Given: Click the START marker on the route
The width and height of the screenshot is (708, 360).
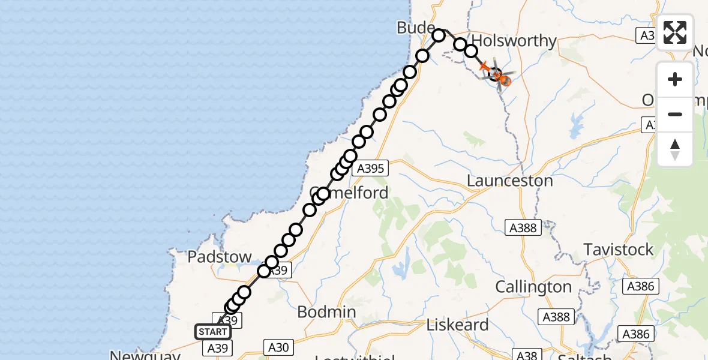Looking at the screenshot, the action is (212, 332).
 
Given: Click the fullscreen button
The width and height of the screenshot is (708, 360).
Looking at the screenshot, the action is (675, 32).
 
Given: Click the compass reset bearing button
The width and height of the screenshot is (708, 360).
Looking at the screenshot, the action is (675, 149).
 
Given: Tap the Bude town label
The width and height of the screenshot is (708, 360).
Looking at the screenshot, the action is (415, 28).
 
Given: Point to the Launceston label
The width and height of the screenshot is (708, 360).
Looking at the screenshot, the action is (509, 181).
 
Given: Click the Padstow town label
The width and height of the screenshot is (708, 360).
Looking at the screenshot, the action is (220, 257).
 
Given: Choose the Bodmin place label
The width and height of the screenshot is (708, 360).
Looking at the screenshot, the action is (326, 312).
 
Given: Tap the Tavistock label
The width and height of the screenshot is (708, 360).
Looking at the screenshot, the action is (618, 250).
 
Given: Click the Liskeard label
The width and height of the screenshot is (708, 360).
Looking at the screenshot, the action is (457, 325).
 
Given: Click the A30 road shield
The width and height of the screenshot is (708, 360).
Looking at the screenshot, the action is (278, 346).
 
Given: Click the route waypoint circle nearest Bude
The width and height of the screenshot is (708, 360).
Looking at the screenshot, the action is (439, 35).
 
